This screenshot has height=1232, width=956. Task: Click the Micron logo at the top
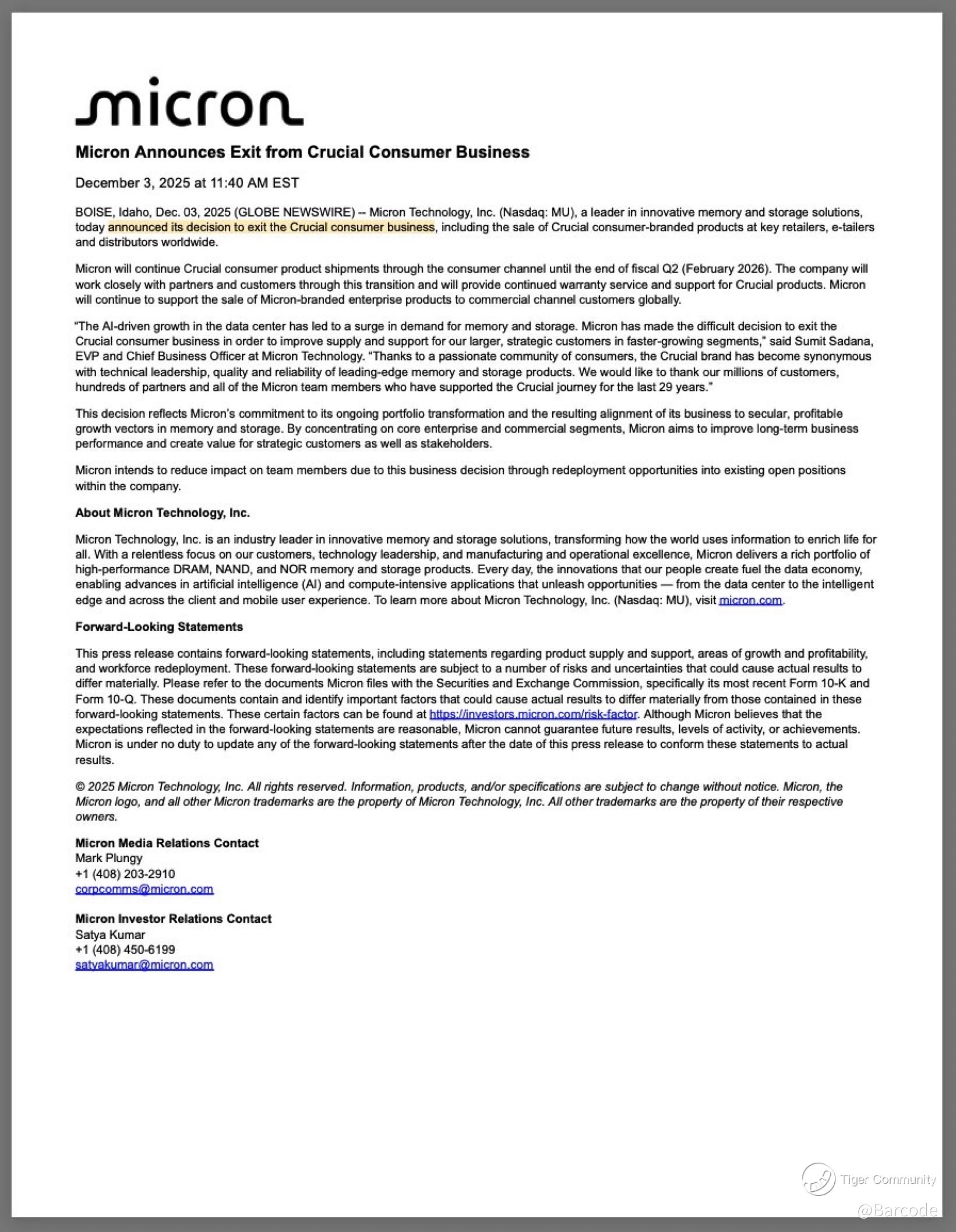tap(189, 102)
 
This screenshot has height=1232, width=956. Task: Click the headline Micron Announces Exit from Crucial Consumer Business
tap(302, 152)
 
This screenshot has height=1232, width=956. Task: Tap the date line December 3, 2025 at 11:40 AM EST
tap(187, 183)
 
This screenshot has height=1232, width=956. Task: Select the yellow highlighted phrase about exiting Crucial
tap(271, 227)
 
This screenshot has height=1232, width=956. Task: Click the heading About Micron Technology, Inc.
tap(163, 513)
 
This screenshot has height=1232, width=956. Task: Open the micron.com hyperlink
tap(751, 600)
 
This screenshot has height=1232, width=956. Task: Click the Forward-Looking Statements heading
tap(159, 627)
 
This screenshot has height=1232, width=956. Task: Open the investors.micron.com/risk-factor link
tap(533, 714)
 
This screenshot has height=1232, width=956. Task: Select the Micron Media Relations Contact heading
tap(167, 843)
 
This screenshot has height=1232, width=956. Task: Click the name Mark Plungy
tap(109, 858)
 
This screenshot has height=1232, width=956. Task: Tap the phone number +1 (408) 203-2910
tap(125, 874)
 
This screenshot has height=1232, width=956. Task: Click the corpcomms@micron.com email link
tap(144, 889)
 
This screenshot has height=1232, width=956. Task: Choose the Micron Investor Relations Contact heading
tap(174, 919)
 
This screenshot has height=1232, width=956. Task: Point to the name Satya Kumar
tap(110, 934)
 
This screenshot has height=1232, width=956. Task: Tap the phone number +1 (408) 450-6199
tap(125, 949)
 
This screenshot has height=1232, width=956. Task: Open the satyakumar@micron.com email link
tap(144, 965)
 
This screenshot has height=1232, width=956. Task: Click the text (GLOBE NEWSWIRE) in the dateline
tap(295, 212)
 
